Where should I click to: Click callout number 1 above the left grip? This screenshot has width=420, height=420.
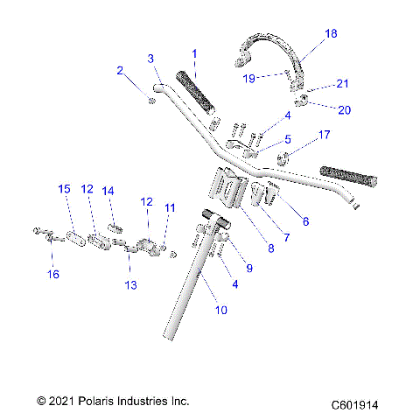(193, 53)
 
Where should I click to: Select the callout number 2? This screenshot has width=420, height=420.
(119, 72)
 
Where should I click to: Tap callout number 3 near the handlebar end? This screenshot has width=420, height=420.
(150, 59)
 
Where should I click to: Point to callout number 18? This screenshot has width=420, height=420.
(330, 33)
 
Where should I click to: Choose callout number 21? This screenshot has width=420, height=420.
(342, 84)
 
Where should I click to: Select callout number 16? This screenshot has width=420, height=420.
(53, 275)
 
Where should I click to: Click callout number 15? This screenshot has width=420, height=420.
(63, 189)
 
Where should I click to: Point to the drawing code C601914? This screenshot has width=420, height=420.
(360, 405)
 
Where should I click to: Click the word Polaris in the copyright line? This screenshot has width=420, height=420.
(93, 402)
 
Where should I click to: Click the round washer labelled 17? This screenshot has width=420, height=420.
(283, 159)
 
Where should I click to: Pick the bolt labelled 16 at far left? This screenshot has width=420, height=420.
(44, 234)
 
